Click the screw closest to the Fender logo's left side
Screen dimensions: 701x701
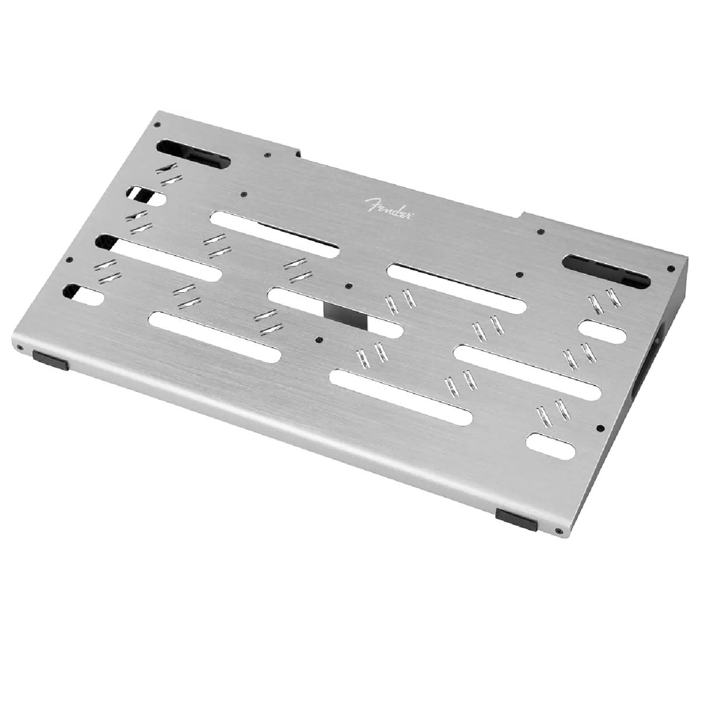(x=244, y=194)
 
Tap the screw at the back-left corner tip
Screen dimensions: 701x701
(x=157, y=124)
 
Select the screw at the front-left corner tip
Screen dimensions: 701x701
(x=19, y=348)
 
